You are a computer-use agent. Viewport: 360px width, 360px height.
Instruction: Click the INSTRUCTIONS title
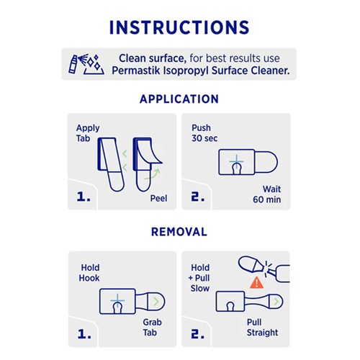(x=180, y=27)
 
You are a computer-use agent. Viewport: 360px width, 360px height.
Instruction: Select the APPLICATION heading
(x=179, y=99)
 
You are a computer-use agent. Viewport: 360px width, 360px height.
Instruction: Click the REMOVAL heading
(x=179, y=232)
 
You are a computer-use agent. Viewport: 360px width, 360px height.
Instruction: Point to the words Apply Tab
(x=88, y=134)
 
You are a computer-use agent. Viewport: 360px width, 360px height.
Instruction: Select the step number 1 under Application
(x=83, y=195)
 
